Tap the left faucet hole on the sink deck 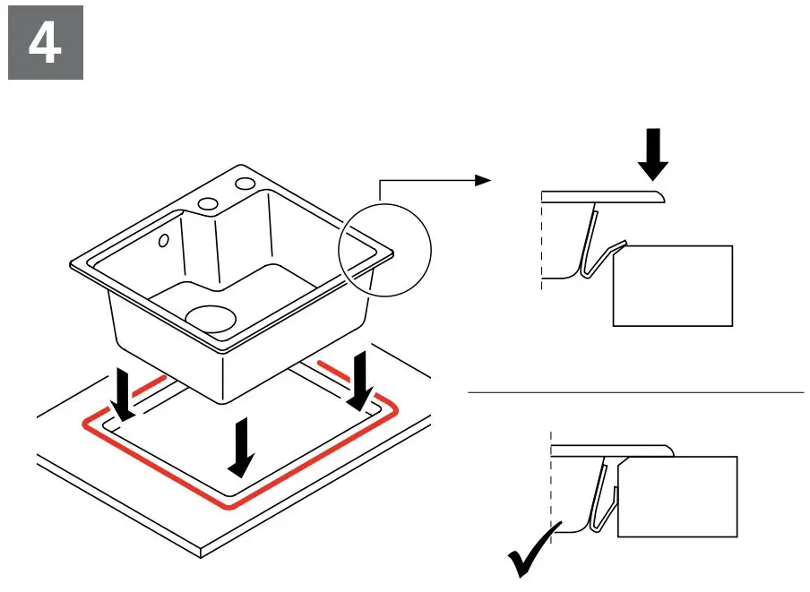click(208, 202)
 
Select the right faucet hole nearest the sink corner click(244, 184)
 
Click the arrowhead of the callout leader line click(483, 180)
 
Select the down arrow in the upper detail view click(655, 153)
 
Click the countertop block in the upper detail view click(672, 286)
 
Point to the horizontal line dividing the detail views click(636, 392)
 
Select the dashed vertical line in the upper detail click(541, 242)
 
